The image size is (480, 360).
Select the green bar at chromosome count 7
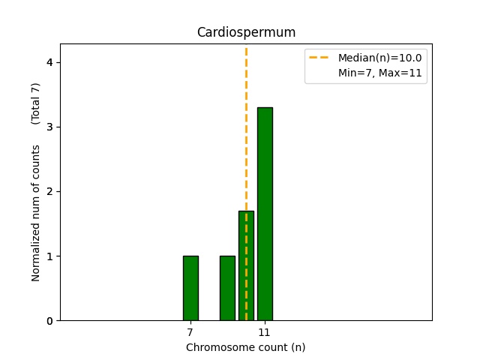190,288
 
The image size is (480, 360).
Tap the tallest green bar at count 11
265,214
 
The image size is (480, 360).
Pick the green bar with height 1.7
246,265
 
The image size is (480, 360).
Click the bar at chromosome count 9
227,288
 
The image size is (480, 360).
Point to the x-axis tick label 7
190,331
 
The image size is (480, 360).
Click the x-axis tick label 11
265,331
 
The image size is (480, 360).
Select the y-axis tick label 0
49,321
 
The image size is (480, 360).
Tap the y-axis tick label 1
49,256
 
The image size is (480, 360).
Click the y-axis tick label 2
49,191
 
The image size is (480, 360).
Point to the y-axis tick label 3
49,127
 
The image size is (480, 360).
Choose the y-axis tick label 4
49,62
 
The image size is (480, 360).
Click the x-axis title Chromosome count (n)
245,347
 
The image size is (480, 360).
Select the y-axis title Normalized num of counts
36,213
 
